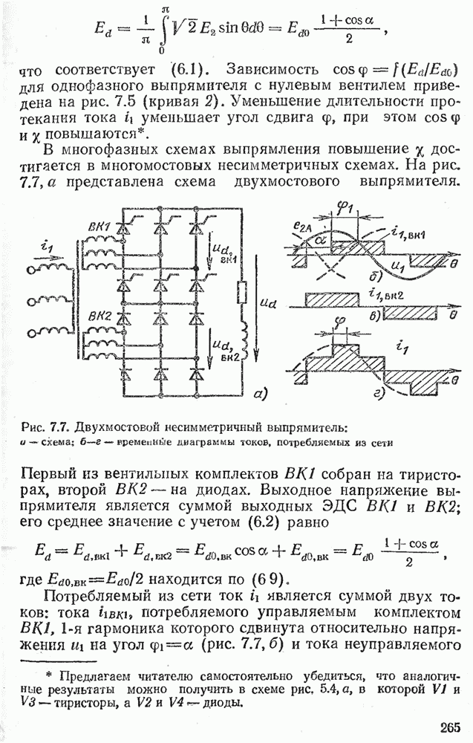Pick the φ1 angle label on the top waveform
pos(343,209)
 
